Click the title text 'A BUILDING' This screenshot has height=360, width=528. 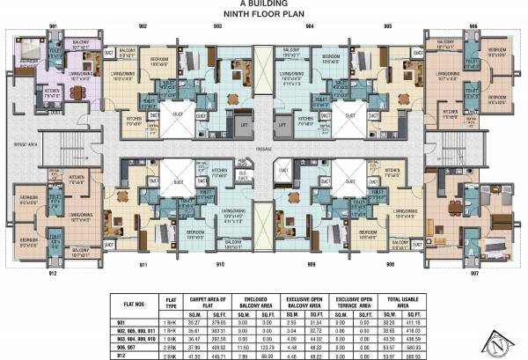click(x=264, y=4)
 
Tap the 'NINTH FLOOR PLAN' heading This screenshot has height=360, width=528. click(x=264, y=15)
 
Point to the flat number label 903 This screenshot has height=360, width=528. click(x=217, y=27)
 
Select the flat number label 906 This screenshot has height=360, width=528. click(x=473, y=27)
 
